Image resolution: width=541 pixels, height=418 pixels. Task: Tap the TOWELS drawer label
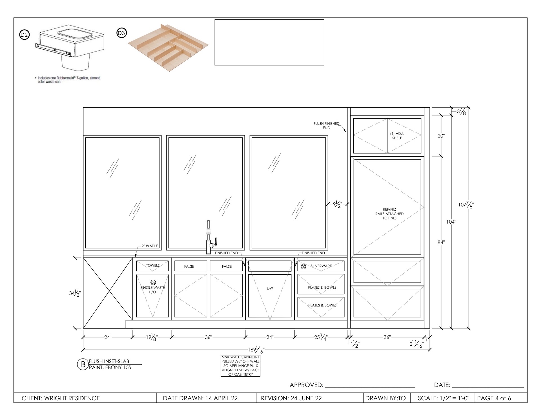point(153,266)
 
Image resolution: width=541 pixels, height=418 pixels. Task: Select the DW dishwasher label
point(270,288)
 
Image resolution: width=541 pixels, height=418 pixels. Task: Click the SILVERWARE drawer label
point(321,266)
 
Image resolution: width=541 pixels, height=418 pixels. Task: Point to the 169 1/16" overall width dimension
point(256,350)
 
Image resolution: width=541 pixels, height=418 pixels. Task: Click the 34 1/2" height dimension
point(75,293)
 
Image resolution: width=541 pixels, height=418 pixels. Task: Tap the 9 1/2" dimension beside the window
point(338,204)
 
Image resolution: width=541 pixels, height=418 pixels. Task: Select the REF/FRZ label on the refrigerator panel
point(389,210)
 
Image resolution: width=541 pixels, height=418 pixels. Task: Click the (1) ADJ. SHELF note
point(397,136)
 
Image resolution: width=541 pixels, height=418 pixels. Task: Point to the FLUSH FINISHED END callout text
point(327,126)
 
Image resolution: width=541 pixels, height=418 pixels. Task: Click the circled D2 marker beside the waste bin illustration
point(24,35)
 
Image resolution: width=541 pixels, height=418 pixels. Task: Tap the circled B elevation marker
point(83,364)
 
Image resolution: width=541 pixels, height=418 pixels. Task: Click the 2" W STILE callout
point(150,246)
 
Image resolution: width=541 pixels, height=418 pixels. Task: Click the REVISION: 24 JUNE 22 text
point(291,398)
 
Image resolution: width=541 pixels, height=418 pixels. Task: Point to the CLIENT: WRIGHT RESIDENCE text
point(61,398)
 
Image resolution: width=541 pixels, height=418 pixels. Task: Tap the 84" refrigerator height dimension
point(441,242)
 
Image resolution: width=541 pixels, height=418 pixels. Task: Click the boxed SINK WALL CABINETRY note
point(240,366)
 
